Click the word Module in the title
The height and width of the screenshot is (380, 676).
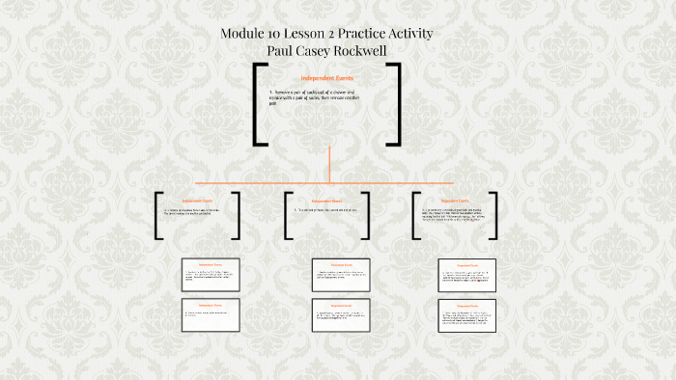tap(244, 34)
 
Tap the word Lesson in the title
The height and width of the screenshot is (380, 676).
tap(317, 34)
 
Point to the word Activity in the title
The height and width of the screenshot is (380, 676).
tap(426, 34)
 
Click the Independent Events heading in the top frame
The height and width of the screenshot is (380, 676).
tap(329, 77)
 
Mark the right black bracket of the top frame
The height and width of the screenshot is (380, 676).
tap(394, 103)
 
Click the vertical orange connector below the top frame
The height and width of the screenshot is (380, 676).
tap(329, 162)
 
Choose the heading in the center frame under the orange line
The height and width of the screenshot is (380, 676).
tap(327, 201)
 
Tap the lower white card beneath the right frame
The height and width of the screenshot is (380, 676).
tap(466, 316)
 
